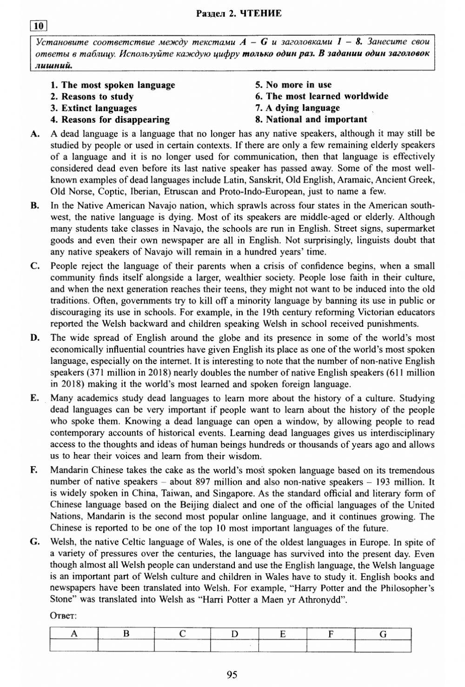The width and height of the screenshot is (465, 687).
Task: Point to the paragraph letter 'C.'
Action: coord(35,266)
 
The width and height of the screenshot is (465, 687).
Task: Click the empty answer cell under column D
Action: coord(234,646)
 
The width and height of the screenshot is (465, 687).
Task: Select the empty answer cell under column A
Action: coord(73,646)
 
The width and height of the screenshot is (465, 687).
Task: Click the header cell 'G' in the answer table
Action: coord(383,634)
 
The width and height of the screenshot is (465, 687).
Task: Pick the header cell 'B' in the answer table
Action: coord(126,634)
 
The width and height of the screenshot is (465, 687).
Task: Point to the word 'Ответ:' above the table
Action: coord(63,616)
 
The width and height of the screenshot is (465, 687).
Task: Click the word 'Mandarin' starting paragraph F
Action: coord(69,470)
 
